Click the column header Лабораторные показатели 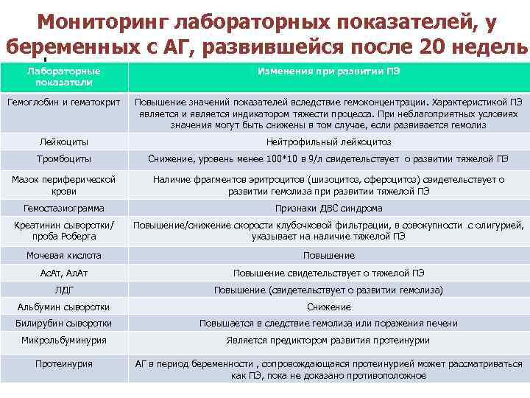(64, 77)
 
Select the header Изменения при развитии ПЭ (328, 71)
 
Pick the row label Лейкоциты (64, 142)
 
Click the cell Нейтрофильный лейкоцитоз (328, 142)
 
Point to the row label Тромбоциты (64, 158)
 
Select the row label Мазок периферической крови (64, 185)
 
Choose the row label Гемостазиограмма (64, 208)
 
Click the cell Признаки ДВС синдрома (328, 208)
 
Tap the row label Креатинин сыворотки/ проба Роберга (64, 230)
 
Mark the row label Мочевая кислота (64, 255)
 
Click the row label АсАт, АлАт (64, 273)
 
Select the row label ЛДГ (64, 290)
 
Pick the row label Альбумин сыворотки (64, 307)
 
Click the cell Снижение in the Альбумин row (328, 307)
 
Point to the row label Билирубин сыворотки (64, 323)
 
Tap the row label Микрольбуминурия (64, 341)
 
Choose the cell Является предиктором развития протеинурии (328, 341)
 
